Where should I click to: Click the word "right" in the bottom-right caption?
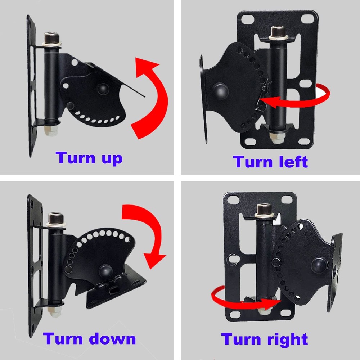(284, 339)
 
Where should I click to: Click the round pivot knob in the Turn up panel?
(102, 89)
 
